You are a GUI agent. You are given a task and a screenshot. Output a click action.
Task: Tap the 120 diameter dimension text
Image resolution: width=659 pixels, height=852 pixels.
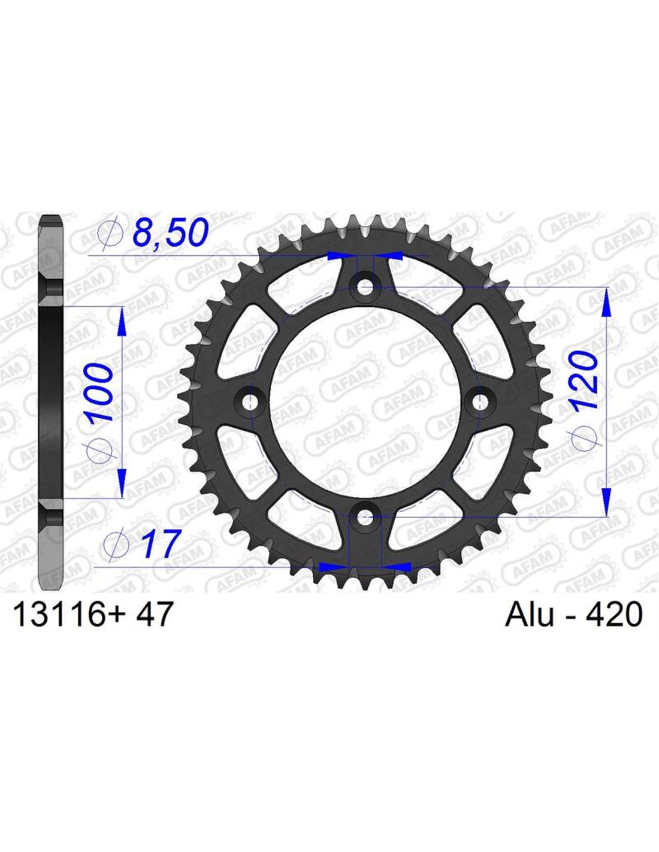pos(585,380)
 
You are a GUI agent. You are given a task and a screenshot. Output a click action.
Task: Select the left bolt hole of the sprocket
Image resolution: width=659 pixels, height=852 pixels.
pos(249,401)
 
